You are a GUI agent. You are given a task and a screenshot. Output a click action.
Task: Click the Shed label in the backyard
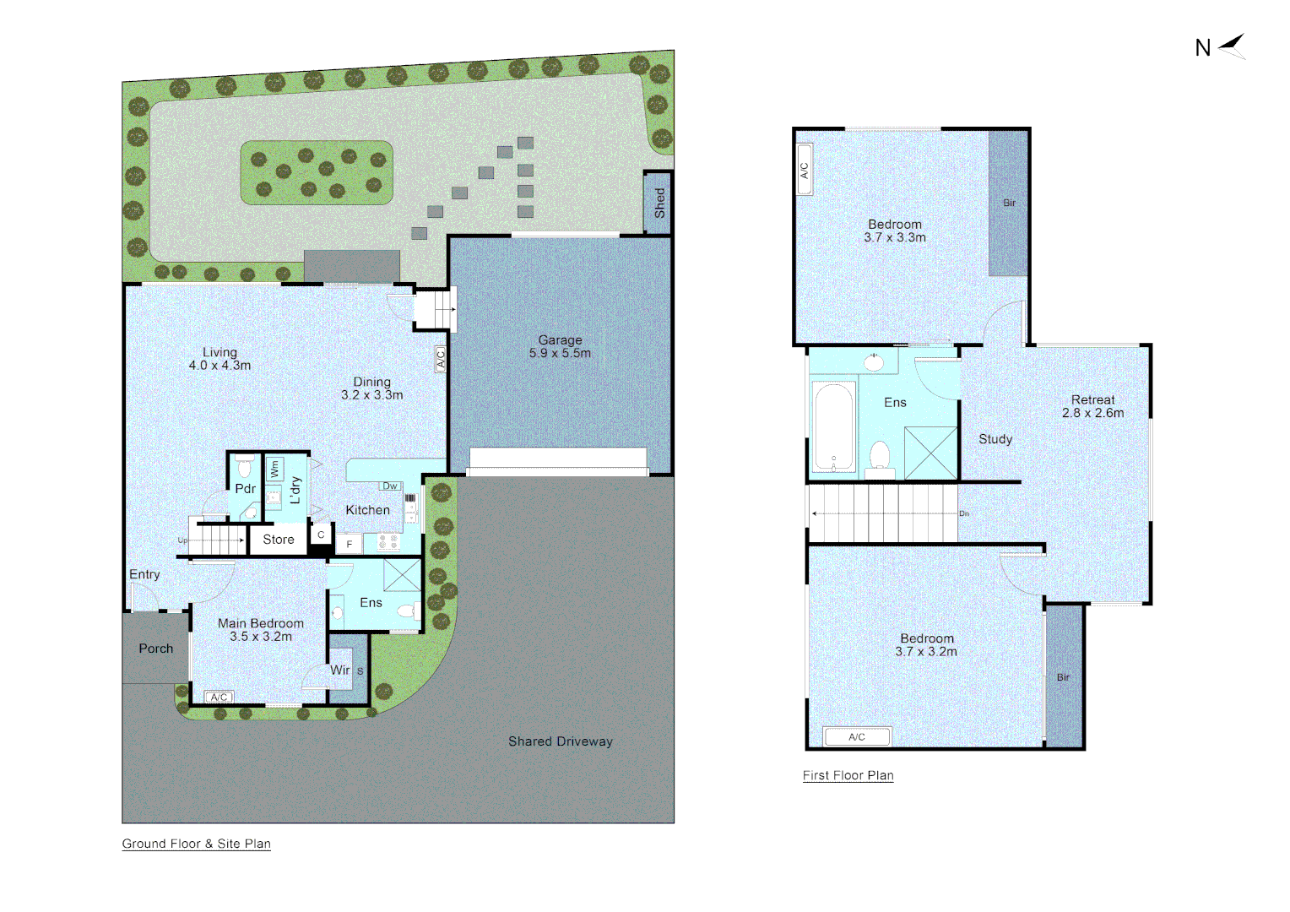(x=659, y=203)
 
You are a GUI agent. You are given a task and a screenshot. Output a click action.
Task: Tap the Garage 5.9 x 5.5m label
(x=560, y=346)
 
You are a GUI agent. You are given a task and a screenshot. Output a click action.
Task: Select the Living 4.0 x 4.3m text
(x=220, y=359)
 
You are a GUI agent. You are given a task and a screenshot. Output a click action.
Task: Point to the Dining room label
(x=371, y=388)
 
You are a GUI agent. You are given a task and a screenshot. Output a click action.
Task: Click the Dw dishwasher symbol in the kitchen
(x=390, y=486)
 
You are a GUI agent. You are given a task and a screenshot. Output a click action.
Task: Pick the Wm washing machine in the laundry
(x=274, y=469)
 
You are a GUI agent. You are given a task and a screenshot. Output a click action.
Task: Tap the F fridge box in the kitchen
(x=350, y=544)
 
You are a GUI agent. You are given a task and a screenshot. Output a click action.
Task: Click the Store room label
(x=279, y=540)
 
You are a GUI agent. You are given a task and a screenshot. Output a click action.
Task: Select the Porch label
(x=156, y=649)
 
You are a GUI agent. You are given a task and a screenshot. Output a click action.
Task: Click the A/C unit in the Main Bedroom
(x=220, y=697)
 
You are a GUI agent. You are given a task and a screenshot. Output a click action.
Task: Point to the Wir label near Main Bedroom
(x=340, y=670)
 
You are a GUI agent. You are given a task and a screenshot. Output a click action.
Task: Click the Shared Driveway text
(x=561, y=741)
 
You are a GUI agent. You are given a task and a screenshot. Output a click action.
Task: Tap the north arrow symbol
(x=1232, y=46)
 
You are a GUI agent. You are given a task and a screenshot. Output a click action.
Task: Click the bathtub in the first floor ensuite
(x=833, y=426)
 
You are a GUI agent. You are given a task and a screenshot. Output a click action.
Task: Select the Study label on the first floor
(x=995, y=439)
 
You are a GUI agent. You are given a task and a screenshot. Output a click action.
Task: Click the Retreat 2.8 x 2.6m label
(x=1092, y=406)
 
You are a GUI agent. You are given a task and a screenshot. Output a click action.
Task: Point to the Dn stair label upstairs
(x=964, y=513)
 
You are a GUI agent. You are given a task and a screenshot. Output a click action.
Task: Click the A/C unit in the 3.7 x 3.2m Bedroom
(x=857, y=737)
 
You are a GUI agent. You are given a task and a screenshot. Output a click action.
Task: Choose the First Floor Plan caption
(x=848, y=775)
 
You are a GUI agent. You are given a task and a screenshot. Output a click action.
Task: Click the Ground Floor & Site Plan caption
(x=196, y=844)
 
